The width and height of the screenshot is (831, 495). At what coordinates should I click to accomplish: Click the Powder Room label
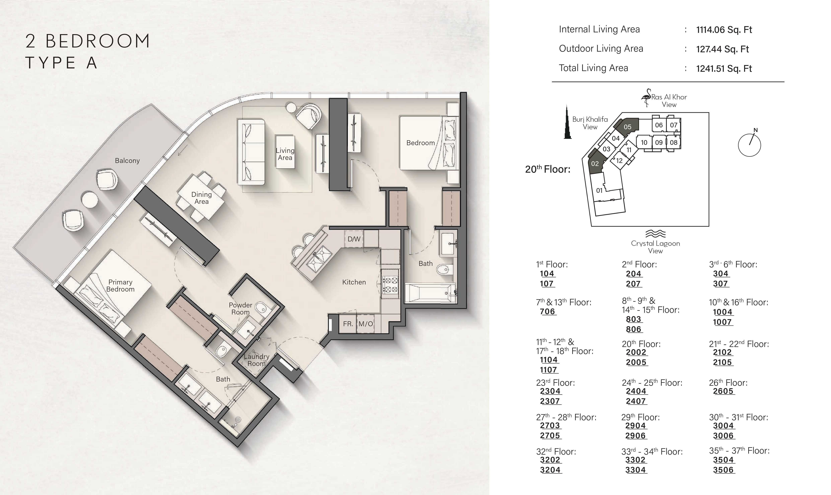coord(240,309)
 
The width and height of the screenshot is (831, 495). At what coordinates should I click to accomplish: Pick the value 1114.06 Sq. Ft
coord(724,30)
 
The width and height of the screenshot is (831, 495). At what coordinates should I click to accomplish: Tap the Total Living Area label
coord(593,68)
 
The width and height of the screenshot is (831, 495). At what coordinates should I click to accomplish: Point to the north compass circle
coord(749,145)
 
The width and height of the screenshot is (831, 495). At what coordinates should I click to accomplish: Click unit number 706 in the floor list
coord(547,312)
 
